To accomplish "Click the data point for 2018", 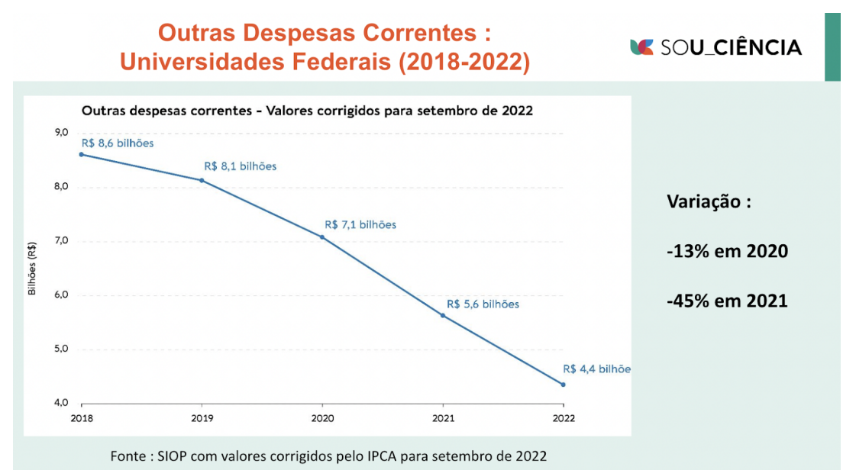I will click(x=82, y=154).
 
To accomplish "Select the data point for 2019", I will click(x=202, y=180).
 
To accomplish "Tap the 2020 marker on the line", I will click(x=322, y=237).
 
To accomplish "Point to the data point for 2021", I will click(x=443, y=315).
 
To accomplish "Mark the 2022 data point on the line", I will click(x=563, y=385).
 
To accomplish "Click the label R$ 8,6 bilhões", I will click(x=118, y=143).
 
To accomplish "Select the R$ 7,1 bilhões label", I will click(x=360, y=225).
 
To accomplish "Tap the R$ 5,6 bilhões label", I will click(x=483, y=304).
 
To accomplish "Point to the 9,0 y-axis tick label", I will click(x=60, y=133).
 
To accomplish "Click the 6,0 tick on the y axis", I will click(x=60, y=295).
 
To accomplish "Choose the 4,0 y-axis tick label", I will click(x=60, y=403).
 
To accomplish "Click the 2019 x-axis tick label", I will click(x=202, y=418).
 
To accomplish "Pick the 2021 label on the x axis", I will click(x=443, y=418).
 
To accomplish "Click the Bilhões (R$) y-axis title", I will click(x=32, y=269).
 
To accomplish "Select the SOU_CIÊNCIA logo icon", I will click(x=641, y=47).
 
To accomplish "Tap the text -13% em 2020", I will click(x=727, y=251).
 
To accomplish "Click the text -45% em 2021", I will click(x=727, y=301).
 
